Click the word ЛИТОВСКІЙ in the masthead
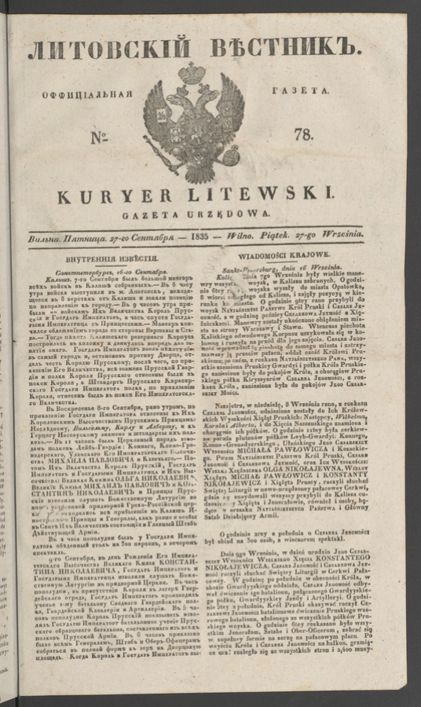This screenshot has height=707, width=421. point(107,51)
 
